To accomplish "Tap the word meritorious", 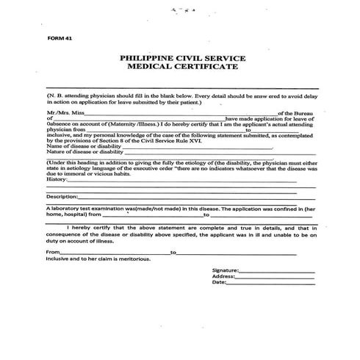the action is pos(132,259).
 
